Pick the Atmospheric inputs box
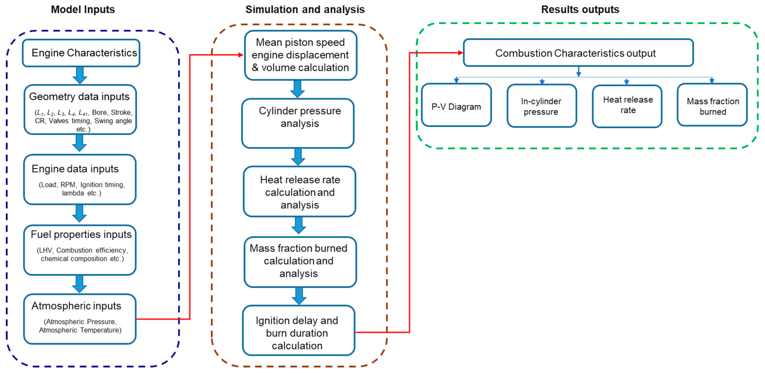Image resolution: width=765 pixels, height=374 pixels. [x=80, y=319]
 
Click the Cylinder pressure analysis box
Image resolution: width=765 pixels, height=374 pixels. [x=298, y=123]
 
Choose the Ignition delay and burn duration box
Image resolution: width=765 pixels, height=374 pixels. [x=298, y=330]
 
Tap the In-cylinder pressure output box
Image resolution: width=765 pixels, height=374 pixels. [x=542, y=106]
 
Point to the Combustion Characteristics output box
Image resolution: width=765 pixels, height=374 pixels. [x=578, y=53]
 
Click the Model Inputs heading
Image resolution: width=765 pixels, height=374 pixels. [x=83, y=9]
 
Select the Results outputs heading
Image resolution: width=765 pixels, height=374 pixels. [x=580, y=9]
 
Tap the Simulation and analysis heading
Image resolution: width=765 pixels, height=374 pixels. [x=305, y=9]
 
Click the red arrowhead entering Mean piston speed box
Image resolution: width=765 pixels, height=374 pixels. [x=241, y=55]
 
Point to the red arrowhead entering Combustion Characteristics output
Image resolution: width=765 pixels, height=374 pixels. [x=460, y=53]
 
